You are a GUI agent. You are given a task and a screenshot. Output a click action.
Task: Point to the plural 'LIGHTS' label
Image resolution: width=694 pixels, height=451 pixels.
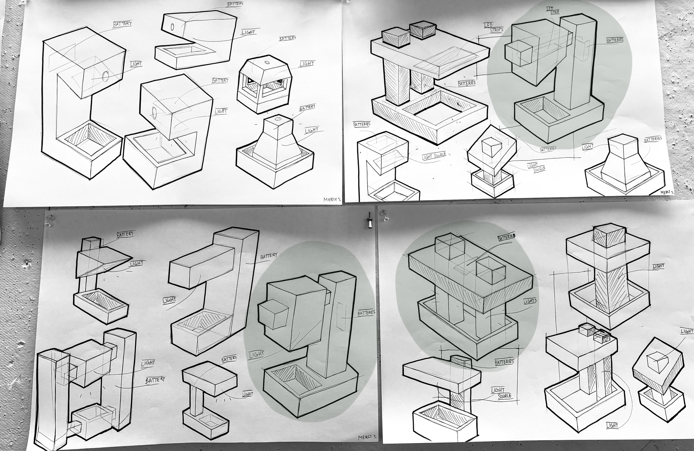pyautogui.click(x=530, y=301)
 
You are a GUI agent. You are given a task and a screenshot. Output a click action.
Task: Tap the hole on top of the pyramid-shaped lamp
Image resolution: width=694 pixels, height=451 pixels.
pyautogui.click(x=278, y=119)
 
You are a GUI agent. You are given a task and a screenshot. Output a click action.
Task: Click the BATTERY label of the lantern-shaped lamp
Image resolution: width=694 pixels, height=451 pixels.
pyautogui.click(x=288, y=39)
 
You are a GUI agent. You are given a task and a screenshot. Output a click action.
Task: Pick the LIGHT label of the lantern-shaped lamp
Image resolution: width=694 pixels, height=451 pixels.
pyautogui.click(x=307, y=64)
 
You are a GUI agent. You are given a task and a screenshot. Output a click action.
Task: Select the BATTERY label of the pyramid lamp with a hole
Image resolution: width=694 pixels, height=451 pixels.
pyautogui.click(x=307, y=108)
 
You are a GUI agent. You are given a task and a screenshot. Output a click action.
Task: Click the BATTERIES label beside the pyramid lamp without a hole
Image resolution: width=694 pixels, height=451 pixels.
pyautogui.click(x=653, y=139)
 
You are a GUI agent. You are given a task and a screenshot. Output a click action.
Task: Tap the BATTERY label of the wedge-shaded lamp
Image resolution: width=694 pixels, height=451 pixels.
pyautogui.click(x=125, y=234)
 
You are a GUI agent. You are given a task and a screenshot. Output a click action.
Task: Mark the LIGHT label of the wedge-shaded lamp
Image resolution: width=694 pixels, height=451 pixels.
pyautogui.click(x=137, y=264)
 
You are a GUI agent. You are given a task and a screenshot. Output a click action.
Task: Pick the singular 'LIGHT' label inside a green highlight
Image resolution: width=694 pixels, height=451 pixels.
pyautogui.click(x=257, y=355)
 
